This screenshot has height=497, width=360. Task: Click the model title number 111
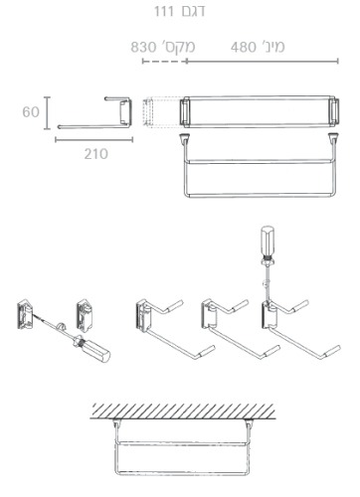click(164, 11)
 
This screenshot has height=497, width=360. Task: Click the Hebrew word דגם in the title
click(193, 11)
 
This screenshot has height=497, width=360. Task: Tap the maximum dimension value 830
click(143, 47)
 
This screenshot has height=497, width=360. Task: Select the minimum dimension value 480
click(244, 47)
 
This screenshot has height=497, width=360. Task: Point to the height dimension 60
click(31, 112)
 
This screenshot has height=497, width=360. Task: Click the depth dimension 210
click(95, 154)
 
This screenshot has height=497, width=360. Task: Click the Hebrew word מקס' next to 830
click(178, 47)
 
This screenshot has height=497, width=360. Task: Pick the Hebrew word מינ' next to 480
click(271, 47)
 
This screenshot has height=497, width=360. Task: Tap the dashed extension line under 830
click(164, 62)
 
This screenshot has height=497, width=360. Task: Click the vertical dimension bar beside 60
click(48, 113)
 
